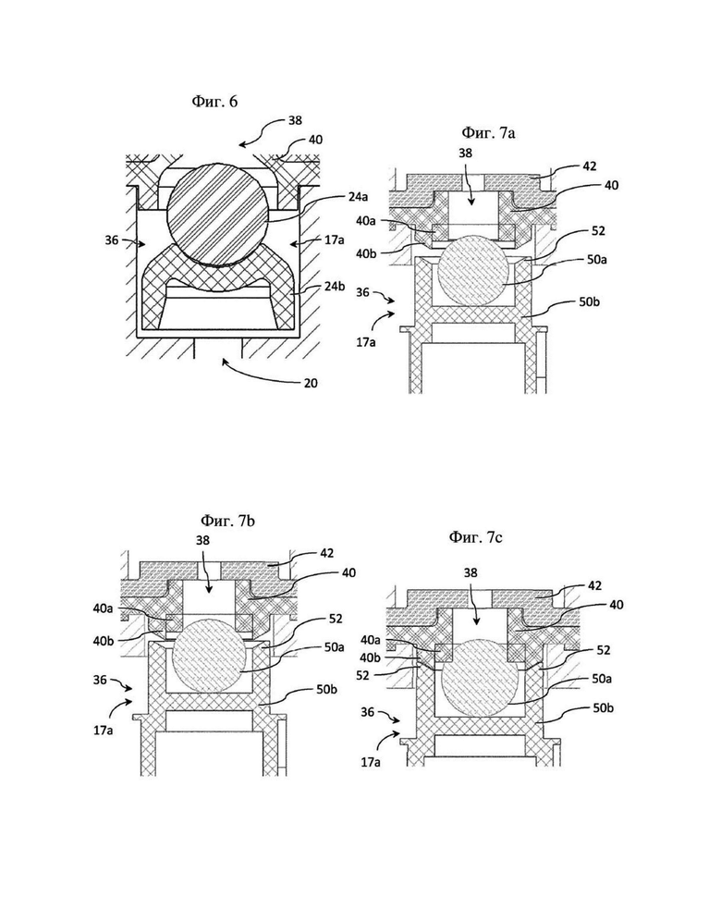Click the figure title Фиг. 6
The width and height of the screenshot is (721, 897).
(x=214, y=102)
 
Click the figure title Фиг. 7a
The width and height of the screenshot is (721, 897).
(x=488, y=133)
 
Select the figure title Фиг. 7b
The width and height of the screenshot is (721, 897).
(x=227, y=522)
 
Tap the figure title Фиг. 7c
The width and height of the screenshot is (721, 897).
(x=476, y=537)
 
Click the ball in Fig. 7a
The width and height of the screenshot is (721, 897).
(x=471, y=270)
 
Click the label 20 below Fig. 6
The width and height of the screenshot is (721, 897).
(x=311, y=383)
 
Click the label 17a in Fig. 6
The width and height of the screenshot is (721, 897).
(x=335, y=240)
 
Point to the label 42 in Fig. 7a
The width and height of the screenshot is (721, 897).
(x=589, y=166)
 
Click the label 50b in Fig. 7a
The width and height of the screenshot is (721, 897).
(x=589, y=301)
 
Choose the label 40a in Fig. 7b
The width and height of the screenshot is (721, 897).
(x=104, y=608)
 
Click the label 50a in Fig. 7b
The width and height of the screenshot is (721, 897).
(x=334, y=647)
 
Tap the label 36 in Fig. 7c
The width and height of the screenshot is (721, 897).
(x=367, y=712)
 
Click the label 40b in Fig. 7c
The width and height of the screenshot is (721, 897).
(x=371, y=657)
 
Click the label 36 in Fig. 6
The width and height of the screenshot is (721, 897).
(x=112, y=240)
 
